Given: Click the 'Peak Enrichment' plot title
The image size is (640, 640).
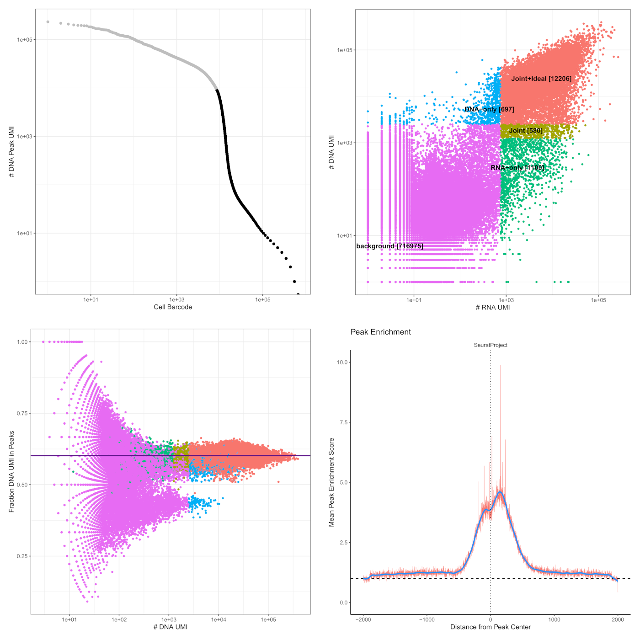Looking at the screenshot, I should click(380, 332).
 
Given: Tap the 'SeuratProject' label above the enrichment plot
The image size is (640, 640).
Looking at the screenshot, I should click(491, 345).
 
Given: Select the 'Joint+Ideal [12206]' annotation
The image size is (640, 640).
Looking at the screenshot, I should click(541, 79).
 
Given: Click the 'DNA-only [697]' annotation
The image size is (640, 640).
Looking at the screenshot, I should click(489, 109).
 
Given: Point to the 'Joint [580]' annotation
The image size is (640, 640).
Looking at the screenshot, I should click(526, 131).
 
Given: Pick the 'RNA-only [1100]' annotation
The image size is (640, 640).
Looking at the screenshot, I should click(517, 168).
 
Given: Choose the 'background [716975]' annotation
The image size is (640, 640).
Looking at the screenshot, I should click(389, 246).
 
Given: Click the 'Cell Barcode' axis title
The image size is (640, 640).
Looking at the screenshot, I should click(173, 307).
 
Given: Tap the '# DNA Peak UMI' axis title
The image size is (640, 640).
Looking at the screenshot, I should click(11, 152).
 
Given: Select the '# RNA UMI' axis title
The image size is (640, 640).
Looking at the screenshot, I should click(493, 307).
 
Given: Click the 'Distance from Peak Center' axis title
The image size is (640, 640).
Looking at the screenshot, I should click(491, 627).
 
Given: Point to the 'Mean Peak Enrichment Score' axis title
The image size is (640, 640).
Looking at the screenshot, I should click(332, 482).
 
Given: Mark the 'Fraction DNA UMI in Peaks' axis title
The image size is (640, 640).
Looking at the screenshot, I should click(11, 471).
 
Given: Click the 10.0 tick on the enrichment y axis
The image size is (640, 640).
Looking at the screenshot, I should click(342, 362).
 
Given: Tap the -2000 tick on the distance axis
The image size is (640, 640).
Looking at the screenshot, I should click(363, 620).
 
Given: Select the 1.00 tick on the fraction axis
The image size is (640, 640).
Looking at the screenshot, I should click(24, 341).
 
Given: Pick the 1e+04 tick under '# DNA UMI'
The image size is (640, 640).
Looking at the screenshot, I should click(219, 620).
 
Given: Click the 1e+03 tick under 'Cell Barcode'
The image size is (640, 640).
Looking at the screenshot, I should click(176, 300).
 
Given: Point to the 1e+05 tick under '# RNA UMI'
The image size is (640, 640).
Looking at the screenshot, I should click(598, 300).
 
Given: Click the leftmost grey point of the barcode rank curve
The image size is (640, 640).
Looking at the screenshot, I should click(48, 21).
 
